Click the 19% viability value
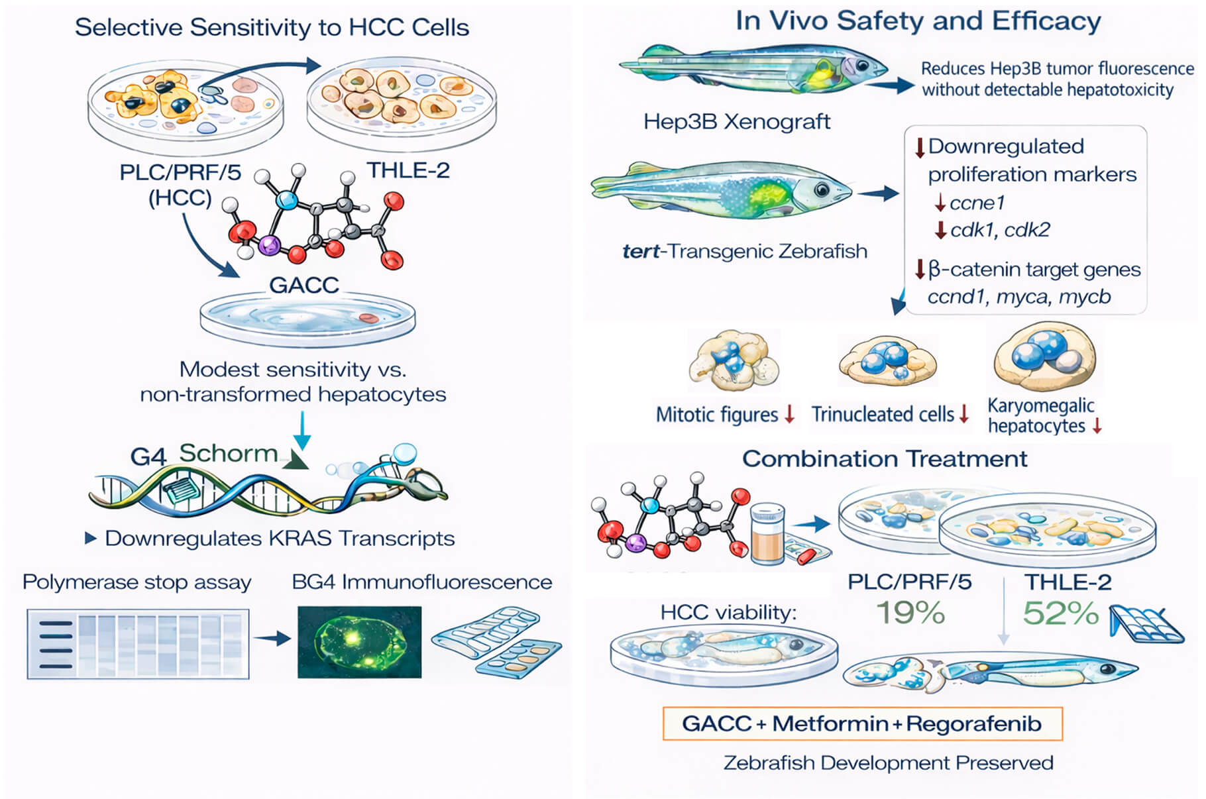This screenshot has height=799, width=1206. coord(910,613)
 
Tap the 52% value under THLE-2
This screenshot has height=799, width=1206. coord(1060,613)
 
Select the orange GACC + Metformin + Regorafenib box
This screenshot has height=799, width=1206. coord(862,723)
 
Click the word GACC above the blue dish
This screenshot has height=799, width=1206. coord(304,285)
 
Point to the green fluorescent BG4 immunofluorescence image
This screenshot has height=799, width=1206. coord(359,641)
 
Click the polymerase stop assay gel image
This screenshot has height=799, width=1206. coord(138,644)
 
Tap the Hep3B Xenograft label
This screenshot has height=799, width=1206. coord(737,122)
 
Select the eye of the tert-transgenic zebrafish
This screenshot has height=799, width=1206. coord(822,190)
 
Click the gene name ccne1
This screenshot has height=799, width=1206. coord(977,203)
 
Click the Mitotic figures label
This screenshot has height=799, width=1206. coord(717,415)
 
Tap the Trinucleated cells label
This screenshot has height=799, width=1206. coord(883,415)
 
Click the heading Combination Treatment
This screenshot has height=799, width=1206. coord(885,458)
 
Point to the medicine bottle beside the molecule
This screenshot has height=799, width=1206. coord(767,534)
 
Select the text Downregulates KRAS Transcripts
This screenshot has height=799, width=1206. coord(280,539)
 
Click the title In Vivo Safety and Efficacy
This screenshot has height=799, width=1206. coord(918,21)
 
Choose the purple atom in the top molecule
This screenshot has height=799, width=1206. coord(269,246)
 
